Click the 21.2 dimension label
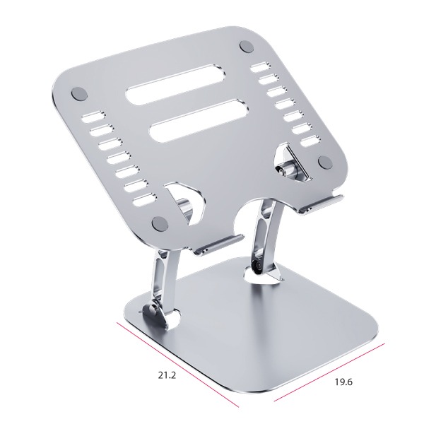click(167, 375)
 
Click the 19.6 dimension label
click(343, 382)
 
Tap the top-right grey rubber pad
click(247, 47)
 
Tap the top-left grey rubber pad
click(79, 94)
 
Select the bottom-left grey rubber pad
click(160, 223)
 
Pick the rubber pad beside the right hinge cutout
click(325, 162)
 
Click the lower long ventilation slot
click(199, 121)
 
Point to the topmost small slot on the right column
click(260, 68)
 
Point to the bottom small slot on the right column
click(311, 141)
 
